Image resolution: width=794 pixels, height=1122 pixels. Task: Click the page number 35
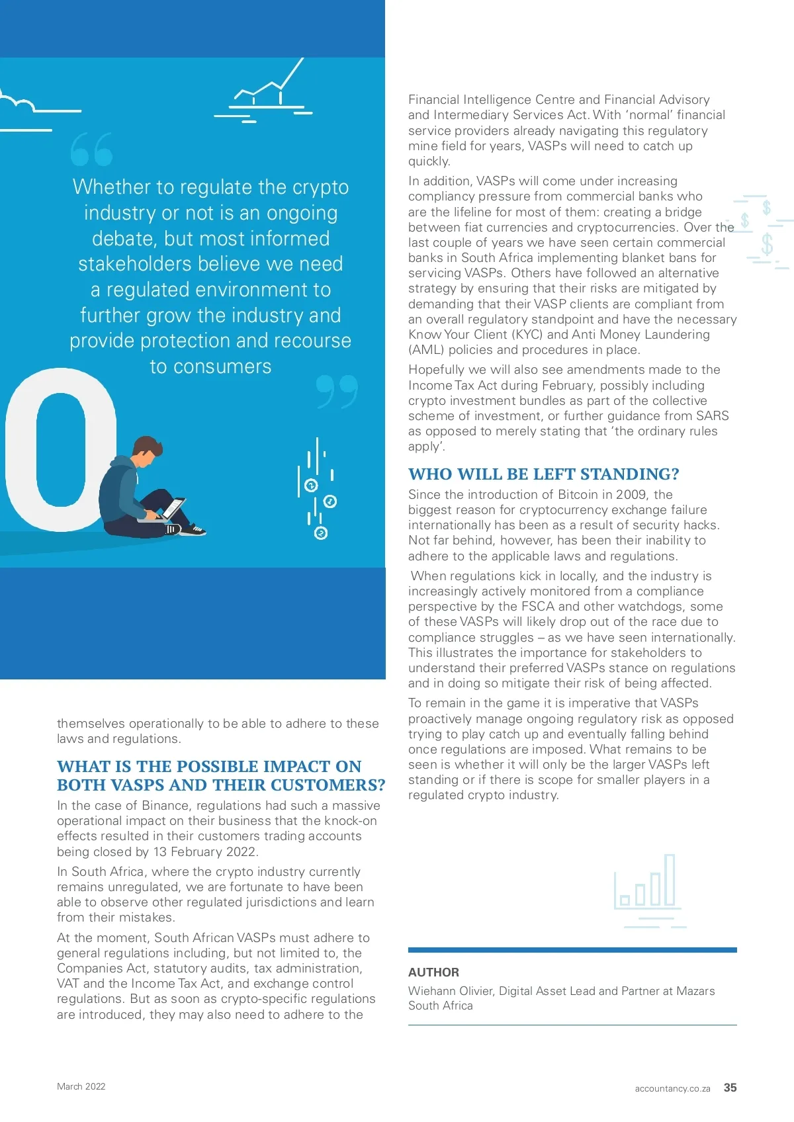[730, 1088]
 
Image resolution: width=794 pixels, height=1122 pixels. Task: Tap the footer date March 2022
[81, 1086]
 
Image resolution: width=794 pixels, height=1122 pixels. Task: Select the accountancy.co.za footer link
[672, 1088]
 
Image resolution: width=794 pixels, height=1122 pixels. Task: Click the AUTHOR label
[433, 972]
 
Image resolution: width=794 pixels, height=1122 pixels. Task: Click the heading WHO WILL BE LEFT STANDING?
[543, 474]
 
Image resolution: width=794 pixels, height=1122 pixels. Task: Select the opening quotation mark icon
[91, 149]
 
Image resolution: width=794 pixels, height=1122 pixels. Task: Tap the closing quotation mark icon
[337, 392]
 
